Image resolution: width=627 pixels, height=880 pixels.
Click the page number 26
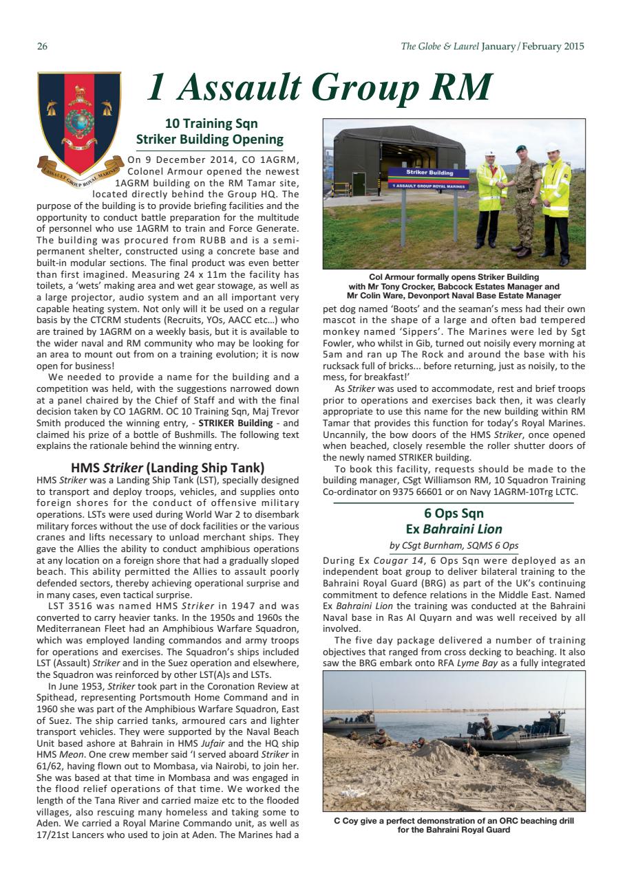41,47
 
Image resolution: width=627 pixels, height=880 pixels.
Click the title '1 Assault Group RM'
319,87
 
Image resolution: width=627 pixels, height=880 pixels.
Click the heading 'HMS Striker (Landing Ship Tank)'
169,468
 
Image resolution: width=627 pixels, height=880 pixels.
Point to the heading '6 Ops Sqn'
454,513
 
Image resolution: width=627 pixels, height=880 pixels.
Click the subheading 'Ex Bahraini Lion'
454,529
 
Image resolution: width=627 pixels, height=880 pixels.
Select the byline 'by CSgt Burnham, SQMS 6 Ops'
454,546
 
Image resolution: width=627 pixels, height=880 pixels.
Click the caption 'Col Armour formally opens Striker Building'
454,277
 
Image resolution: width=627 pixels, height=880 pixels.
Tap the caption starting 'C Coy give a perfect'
454,821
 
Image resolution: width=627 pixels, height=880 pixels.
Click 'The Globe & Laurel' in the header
440,47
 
